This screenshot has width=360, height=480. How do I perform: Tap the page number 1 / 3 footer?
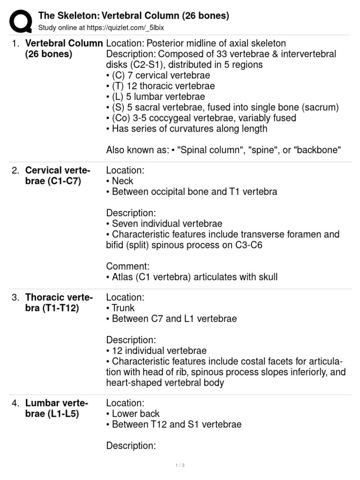[180, 465]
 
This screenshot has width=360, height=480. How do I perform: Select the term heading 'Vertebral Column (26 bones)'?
[64, 48]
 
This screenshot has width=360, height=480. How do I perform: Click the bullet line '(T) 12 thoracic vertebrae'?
[160, 86]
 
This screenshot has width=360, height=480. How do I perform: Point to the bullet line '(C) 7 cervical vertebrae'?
[158, 75]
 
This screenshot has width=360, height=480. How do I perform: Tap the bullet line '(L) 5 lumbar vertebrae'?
[156, 97]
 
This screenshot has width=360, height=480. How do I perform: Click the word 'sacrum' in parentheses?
[320, 107]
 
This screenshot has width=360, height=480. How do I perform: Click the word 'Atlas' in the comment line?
[123, 277]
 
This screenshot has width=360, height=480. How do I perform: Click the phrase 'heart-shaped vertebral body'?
[165, 382]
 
